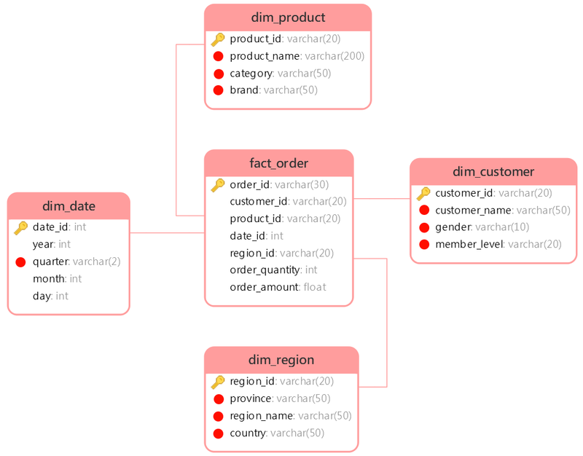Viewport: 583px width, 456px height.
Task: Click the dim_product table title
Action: coord(288,17)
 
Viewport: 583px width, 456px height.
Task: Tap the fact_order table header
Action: coord(279,163)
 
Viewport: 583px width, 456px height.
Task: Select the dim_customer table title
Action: coord(493,172)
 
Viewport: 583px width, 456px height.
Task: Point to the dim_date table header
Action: coord(69,206)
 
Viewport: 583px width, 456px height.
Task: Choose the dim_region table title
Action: coord(281,360)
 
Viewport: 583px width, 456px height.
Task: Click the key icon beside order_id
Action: coord(218,185)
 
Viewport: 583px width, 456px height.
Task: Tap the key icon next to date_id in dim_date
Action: coord(21,227)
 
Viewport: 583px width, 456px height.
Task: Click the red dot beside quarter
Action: coord(21,262)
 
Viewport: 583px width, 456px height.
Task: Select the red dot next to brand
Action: coord(218,90)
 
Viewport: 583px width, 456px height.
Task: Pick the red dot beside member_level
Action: coord(424,244)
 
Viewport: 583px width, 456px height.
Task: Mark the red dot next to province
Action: coord(219,398)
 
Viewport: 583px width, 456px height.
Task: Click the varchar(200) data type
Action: coord(334,56)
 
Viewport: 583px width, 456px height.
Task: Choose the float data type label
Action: coord(315,287)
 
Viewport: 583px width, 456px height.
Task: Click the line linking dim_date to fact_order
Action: coord(167,233)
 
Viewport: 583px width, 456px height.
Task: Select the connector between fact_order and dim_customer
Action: coord(381,198)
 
